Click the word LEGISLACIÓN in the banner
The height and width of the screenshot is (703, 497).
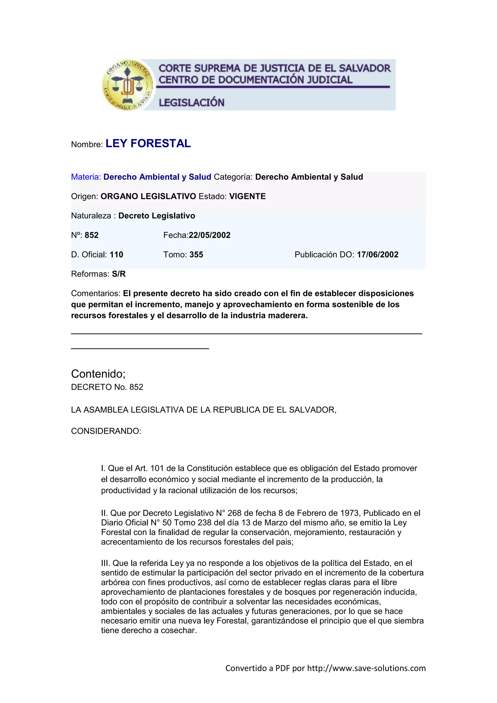click(191, 102)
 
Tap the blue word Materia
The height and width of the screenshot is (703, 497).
click(86, 177)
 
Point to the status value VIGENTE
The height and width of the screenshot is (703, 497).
click(247, 196)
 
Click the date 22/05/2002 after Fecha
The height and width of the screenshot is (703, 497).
click(210, 235)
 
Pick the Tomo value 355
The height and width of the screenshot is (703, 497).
click(196, 254)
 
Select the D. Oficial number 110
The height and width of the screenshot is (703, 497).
click(116, 254)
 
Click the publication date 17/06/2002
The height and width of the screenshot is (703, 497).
click(378, 254)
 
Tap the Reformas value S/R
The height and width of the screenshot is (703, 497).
click(119, 274)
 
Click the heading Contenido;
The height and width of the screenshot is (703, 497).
click(98, 374)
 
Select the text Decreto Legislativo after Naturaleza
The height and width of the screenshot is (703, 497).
click(157, 216)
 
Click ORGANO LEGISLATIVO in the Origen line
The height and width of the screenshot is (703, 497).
click(148, 196)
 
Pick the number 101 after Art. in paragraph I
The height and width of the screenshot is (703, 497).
click(157, 468)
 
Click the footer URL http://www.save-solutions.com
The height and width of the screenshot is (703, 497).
click(366, 668)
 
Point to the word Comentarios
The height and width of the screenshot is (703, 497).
click(95, 293)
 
